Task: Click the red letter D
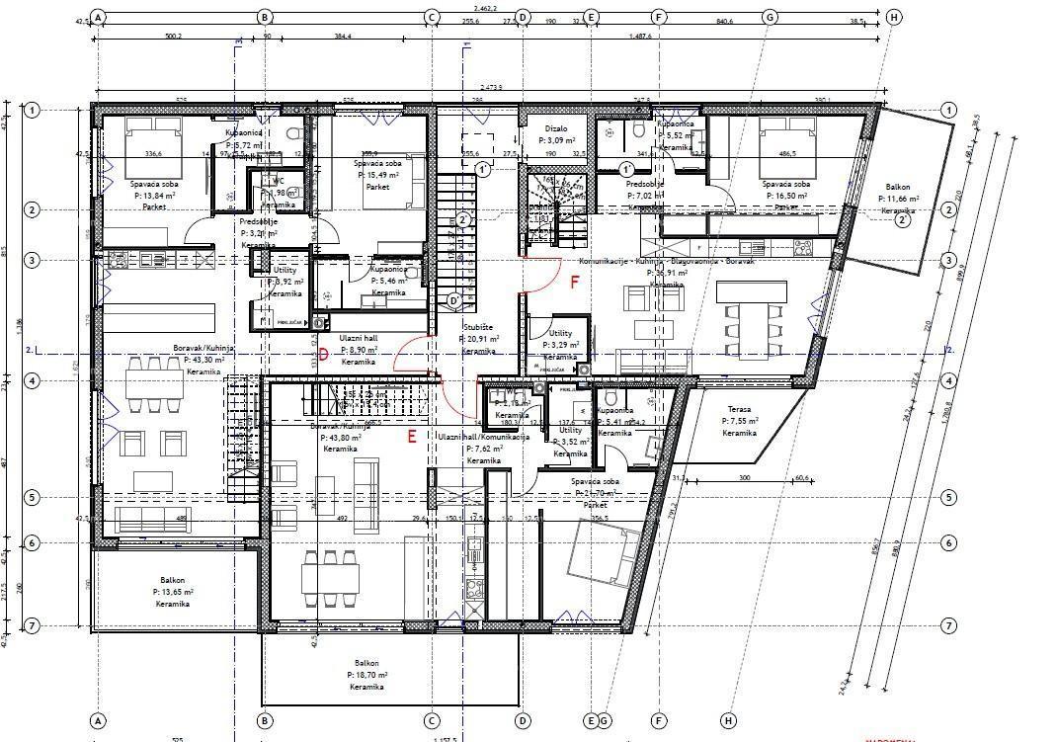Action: [322, 355]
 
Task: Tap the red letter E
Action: [412, 434]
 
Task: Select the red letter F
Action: [575, 282]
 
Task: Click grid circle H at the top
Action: [894, 17]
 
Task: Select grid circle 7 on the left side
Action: [32, 625]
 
